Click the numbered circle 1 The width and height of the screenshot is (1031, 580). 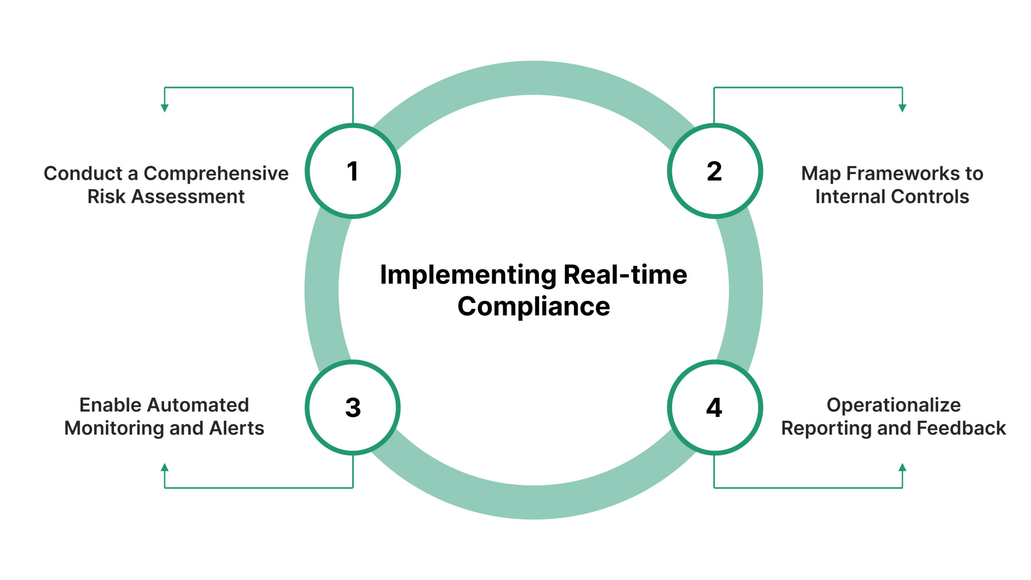[x=352, y=171]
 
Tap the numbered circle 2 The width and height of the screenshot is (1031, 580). [x=714, y=171]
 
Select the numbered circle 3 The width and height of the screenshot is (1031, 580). [x=352, y=407]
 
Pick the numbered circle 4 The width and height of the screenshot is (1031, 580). [x=714, y=407]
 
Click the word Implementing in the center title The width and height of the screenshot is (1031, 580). [x=468, y=276]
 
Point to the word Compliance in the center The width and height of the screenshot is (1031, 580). [x=534, y=307]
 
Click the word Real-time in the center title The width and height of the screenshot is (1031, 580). [x=625, y=275]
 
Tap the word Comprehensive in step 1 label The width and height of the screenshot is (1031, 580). [x=216, y=174]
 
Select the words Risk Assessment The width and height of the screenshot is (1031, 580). [x=166, y=197]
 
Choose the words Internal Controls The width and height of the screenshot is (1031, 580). [x=892, y=197]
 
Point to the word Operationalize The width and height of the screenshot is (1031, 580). [x=893, y=405]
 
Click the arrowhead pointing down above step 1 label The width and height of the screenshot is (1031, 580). [x=164, y=108]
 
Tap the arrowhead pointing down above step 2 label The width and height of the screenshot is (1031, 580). [x=903, y=108]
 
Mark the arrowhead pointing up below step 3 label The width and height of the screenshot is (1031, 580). [x=164, y=468]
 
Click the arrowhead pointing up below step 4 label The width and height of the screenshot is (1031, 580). [x=903, y=468]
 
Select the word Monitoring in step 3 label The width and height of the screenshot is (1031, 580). [x=134, y=428]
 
